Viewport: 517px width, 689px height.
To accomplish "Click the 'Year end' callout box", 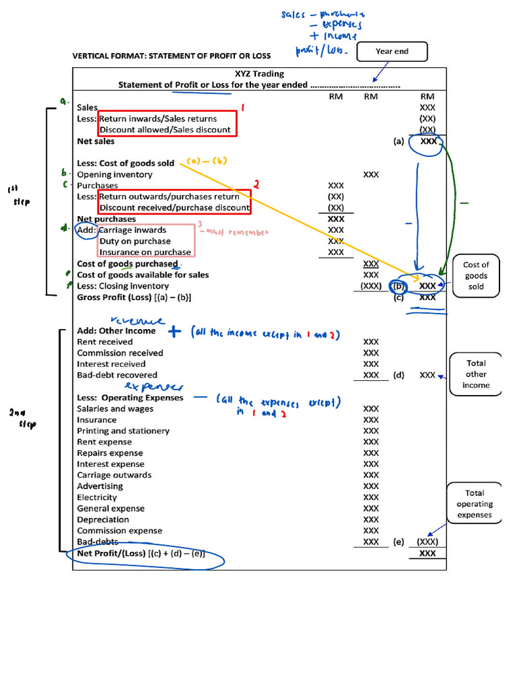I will [x=392, y=51].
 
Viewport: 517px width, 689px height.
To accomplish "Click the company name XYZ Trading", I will [x=259, y=74].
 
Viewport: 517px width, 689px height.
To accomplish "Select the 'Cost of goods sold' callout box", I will [x=476, y=276].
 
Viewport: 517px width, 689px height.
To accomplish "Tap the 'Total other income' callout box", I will [x=476, y=374].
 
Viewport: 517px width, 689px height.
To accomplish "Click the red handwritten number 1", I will [x=243, y=107].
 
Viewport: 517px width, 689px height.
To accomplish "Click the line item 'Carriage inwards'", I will [x=133, y=230].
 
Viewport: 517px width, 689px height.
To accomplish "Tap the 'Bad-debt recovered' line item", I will [x=117, y=375].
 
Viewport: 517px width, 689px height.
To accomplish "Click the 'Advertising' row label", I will [x=100, y=486].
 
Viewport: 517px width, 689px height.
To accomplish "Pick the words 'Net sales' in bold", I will [x=96, y=141].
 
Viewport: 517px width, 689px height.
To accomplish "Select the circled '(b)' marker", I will [x=399, y=285].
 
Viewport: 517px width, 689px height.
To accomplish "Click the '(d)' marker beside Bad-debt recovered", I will [x=399, y=375].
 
